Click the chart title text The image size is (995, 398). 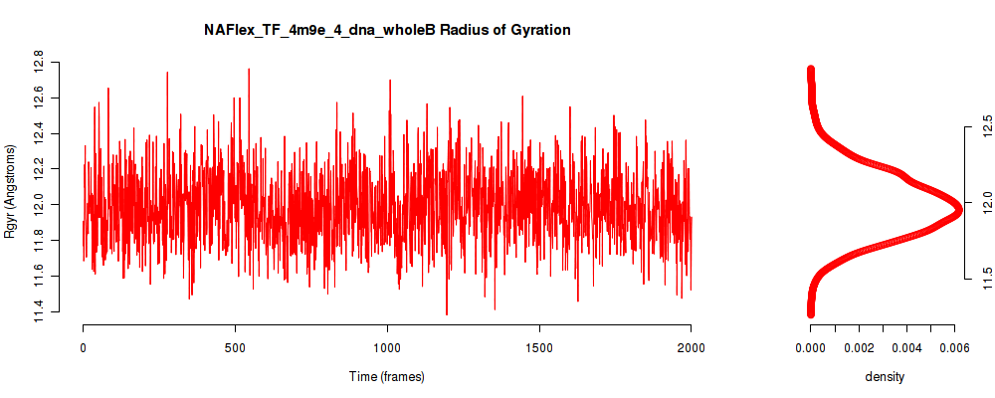(x=387, y=30)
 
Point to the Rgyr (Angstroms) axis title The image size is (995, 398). (x=10, y=191)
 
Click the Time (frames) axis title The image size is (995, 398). (x=387, y=376)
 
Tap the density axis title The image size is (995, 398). (x=885, y=376)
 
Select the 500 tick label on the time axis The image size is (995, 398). (x=236, y=347)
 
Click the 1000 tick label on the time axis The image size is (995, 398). (x=387, y=347)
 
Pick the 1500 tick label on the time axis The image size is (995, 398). (x=539, y=347)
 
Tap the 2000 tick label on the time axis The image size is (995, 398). (x=692, y=347)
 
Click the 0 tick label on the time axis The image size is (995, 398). (x=84, y=347)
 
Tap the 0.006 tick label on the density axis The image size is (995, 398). (x=955, y=347)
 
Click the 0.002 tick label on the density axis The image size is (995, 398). (x=859, y=347)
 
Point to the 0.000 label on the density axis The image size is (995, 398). (x=810, y=347)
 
